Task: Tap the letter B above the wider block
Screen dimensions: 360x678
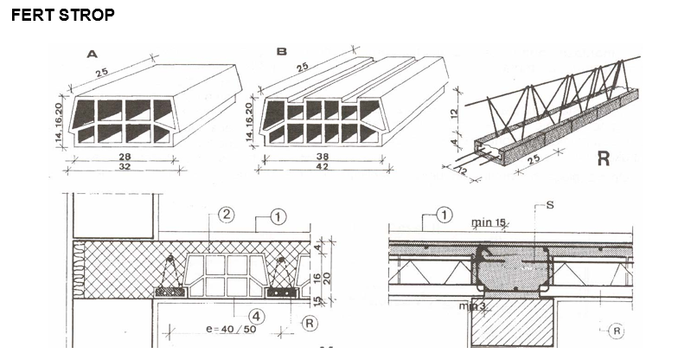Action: pyautogui.click(x=281, y=52)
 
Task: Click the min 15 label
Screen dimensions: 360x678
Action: pyautogui.click(x=489, y=222)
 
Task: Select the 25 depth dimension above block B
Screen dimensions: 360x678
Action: pyautogui.click(x=304, y=67)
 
